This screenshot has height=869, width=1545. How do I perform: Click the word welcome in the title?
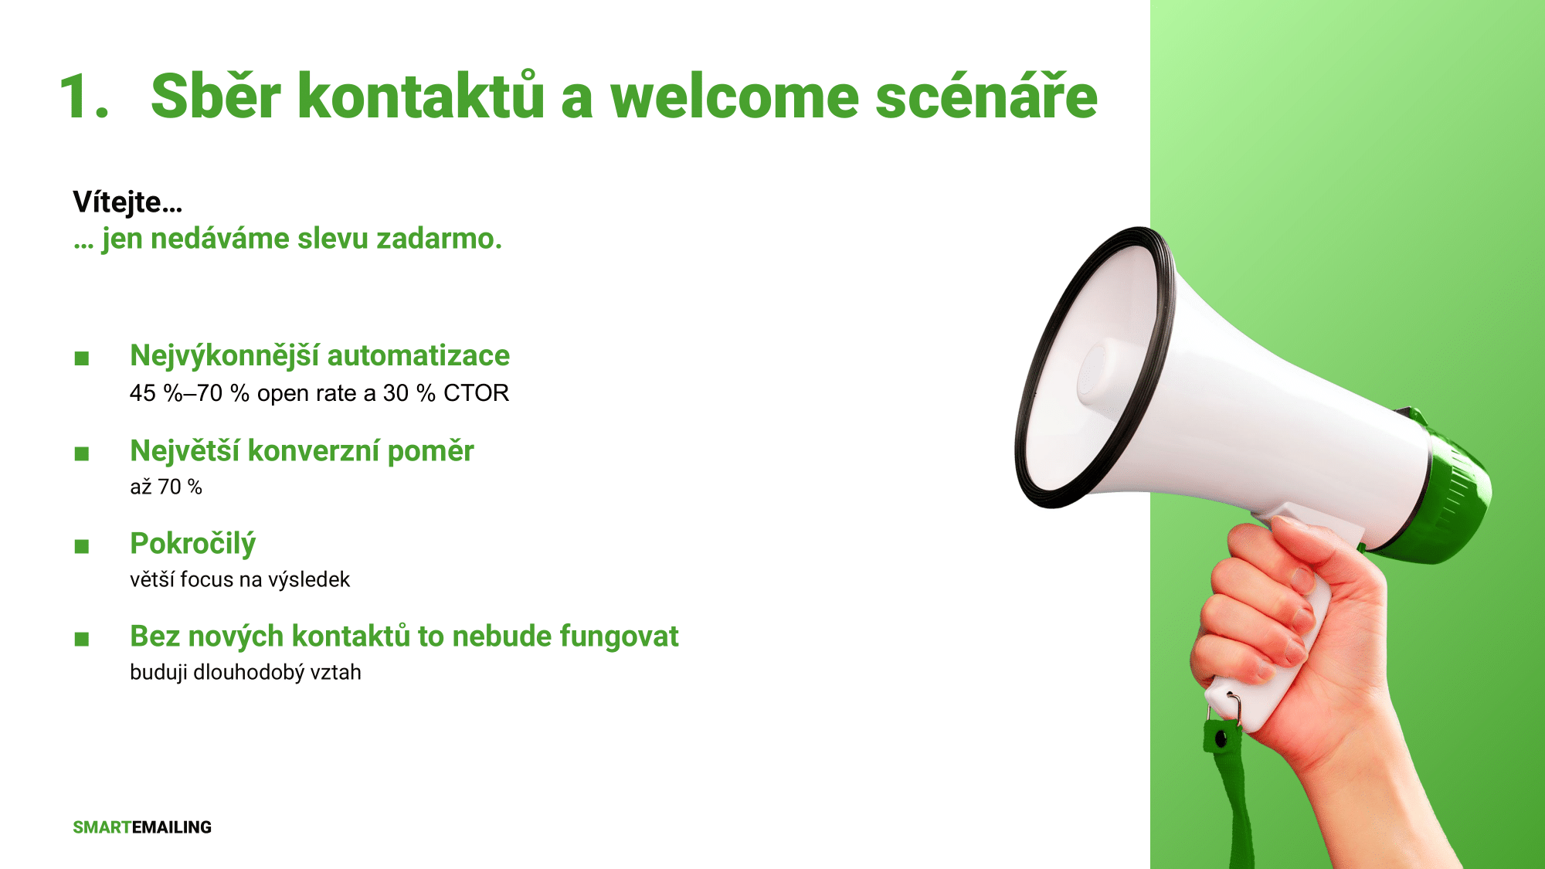(735, 97)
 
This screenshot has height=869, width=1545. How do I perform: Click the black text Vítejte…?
(127, 202)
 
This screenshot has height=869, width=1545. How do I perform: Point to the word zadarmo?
(439, 239)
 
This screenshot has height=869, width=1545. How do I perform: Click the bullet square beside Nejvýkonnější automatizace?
(82, 358)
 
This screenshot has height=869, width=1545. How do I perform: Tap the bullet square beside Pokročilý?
(82, 547)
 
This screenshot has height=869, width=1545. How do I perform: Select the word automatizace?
(418, 355)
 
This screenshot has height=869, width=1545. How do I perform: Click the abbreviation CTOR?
(476, 393)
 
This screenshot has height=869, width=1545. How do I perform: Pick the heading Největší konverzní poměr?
(302, 451)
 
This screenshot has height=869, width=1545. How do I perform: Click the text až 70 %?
(166, 487)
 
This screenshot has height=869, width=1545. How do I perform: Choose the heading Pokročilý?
(192, 545)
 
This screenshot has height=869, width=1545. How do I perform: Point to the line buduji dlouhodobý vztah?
(246, 672)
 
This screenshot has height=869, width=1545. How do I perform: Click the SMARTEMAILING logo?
(142, 827)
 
